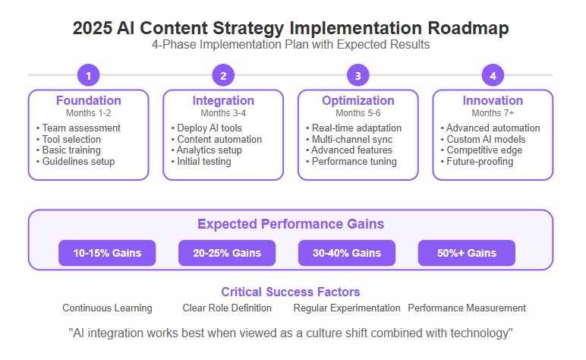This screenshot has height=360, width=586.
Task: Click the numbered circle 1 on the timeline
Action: tap(89, 75)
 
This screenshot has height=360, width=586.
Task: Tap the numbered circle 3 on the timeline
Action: tap(358, 75)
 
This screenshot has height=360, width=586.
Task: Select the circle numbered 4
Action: tap(493, 75)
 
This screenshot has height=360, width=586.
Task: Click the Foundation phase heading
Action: tap(89, 100)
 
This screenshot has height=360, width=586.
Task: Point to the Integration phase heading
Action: tap(223, 100)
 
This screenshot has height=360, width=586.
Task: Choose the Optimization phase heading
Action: tap(358, 100)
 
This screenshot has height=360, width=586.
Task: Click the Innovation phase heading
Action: tap(493, 100)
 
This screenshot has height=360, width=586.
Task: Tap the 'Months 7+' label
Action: tap(493, 113)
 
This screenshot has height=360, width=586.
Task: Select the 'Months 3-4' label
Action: tap(223, 113)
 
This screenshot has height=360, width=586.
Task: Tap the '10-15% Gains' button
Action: tap(107, 253)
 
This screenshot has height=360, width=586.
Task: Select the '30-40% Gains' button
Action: tap(347, 253)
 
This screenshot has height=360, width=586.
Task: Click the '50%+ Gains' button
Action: tap(467, 253)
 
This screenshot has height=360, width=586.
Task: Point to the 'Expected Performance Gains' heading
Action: tap(291, 224)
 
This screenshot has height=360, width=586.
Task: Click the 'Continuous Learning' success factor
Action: tap(107, 308)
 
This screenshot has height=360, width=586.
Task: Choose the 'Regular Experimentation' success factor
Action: tap(347, 308)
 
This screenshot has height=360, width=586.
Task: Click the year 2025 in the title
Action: tap(93, 28)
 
